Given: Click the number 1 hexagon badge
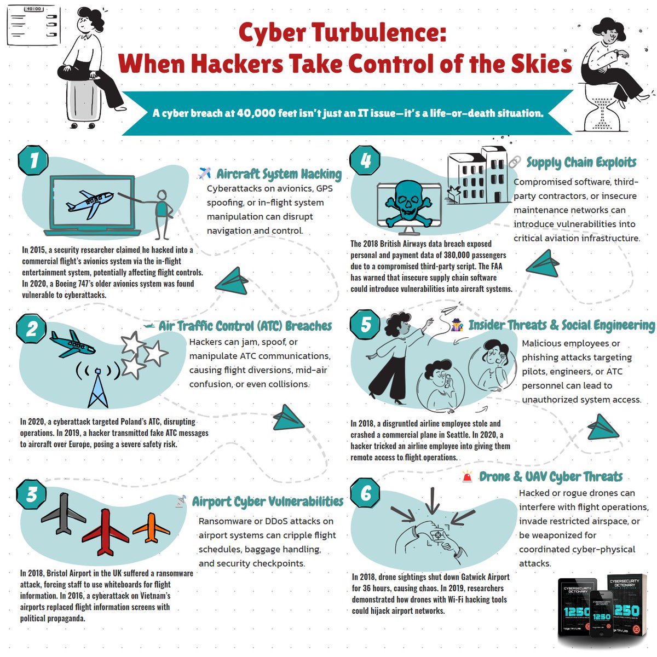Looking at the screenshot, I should click(34, 160).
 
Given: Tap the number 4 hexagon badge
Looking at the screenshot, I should click(365, 160).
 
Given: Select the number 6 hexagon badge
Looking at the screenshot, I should click(365, 493).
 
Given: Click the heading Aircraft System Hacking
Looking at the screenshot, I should click(279, 174).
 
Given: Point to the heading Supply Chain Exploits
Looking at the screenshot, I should click(581, 163).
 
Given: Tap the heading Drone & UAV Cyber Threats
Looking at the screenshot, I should click(551, 477).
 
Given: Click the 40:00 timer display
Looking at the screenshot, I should click(33, 9).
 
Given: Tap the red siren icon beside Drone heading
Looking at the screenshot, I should click(467, 477).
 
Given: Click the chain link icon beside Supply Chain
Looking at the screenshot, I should click(515, 162).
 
